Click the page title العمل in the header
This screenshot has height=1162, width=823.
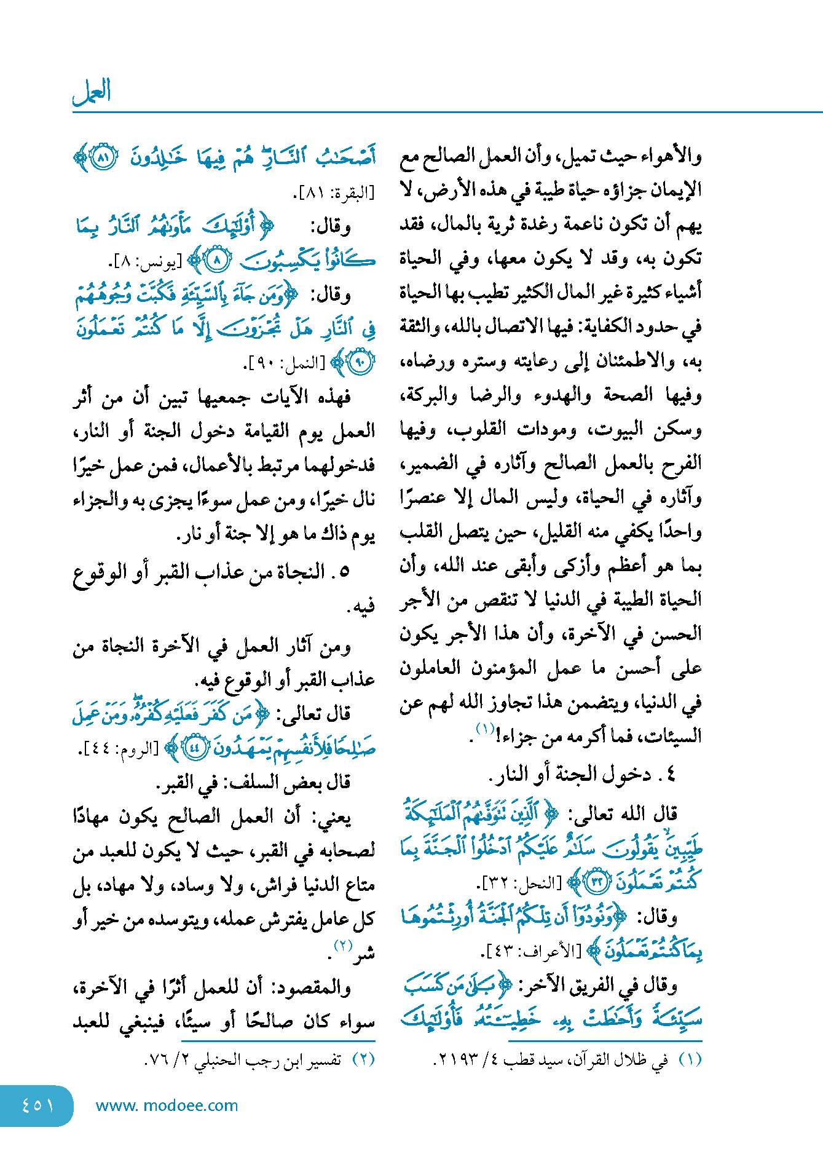(92, 92)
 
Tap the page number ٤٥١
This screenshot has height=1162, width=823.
(37, 1105)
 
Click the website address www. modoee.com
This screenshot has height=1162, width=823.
(167, 1105)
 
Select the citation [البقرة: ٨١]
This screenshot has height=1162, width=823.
(335, 194)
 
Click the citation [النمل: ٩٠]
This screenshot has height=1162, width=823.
(285, 363)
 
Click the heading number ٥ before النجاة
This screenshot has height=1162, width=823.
(344, 572)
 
